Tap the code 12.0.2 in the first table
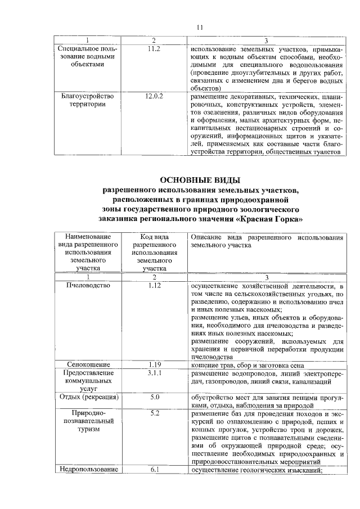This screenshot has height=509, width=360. [154, 97]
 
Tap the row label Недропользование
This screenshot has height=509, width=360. [87, 470]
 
